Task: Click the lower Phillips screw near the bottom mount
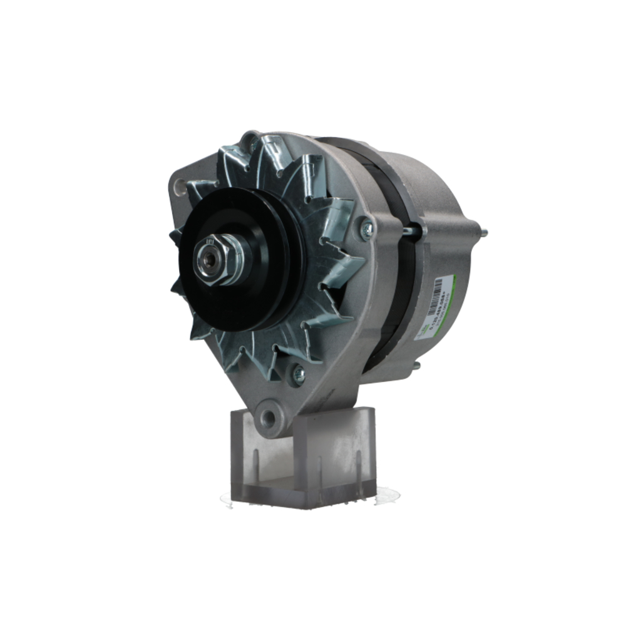pos(299,374)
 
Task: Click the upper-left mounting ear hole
pos(180,186)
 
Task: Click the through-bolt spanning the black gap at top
pos(411,230)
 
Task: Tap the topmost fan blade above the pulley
pos(272,156)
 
